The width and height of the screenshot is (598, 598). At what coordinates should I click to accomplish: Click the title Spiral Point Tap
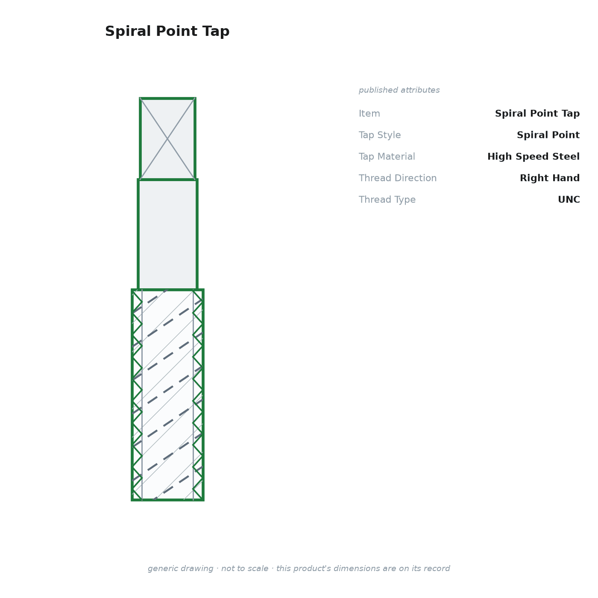tap(167, 31)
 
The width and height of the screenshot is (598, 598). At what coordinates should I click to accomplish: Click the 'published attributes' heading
tap(399, 90)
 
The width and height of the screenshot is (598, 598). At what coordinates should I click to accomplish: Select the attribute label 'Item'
tap(369, 114)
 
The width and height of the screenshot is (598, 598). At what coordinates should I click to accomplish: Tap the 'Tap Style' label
tap(380, 135)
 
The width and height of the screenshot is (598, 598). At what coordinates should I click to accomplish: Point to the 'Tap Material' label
tap(387, 156)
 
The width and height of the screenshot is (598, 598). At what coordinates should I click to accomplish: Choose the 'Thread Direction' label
tap(398, 178)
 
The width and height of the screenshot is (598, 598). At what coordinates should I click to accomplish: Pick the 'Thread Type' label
tap(387, 199)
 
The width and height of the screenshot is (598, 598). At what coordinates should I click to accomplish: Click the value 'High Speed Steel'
tap(534, 156)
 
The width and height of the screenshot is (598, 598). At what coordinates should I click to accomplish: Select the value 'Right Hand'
tap(550, 178)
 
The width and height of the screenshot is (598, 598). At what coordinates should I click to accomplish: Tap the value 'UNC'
tap(569, 199)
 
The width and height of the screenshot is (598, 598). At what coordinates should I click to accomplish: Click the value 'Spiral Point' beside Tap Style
tap(548, 135)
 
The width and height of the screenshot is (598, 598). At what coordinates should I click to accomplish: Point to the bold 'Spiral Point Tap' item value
tap(537, 114)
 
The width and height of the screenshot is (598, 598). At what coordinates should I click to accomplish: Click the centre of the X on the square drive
tap(167, 139)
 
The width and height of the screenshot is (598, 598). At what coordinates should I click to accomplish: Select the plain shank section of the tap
tap(167, 235)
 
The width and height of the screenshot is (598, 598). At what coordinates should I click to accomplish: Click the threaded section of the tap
tap(167, 395)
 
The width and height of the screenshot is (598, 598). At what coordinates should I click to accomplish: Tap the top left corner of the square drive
tap(140, 98)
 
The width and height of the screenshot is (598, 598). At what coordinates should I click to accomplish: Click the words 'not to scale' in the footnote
tap(244, 569)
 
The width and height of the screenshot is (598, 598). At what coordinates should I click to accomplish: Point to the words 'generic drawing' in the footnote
tap(180, 569)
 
